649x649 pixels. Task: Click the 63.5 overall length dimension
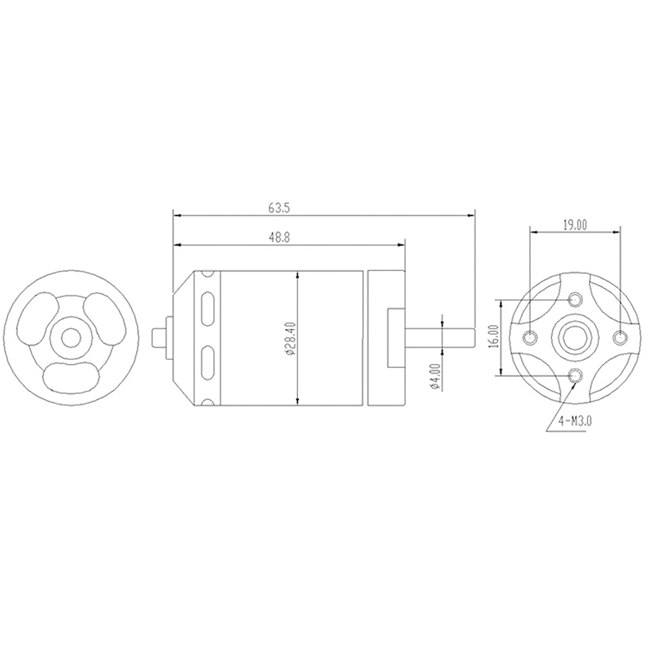click(279, 209)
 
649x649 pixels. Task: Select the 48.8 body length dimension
click(279, 238)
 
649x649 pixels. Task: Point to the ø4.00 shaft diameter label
click(435, 376)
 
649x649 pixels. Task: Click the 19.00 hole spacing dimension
click(575, 225)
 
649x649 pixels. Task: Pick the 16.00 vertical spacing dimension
click(495, 337)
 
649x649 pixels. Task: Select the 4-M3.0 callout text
click(574, 421)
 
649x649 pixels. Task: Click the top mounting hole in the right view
click(575, 299)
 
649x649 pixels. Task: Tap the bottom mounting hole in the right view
click(575, 375)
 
